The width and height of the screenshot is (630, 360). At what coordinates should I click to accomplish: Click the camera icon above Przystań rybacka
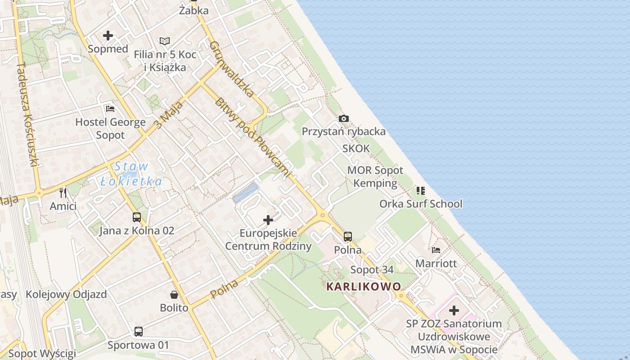click(344, 118)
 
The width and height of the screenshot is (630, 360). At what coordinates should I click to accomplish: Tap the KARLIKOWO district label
click(364, 287)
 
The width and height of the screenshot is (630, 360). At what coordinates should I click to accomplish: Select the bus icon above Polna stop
click(348, 236)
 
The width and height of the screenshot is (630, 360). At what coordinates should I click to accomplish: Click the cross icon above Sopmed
click(108, 36)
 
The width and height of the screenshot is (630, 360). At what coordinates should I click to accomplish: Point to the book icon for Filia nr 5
click(165, 41)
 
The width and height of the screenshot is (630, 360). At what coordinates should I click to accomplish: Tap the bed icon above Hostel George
click(110, 108)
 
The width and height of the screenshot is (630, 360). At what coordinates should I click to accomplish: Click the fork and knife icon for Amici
click(63, 193)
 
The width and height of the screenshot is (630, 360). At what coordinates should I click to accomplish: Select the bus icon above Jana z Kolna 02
click(137, 217)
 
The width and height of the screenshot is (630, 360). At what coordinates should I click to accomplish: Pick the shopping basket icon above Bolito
click(174, 295)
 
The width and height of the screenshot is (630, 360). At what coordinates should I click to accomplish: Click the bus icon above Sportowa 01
click(139, 332)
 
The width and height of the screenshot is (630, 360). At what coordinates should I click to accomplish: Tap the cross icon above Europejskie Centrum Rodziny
click(268, 220)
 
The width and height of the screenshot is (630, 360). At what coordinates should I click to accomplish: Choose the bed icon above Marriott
click(436, 250)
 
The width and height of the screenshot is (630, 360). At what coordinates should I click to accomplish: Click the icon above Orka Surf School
click(421, 191)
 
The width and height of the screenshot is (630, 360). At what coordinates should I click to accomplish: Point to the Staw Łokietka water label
click(130, 174)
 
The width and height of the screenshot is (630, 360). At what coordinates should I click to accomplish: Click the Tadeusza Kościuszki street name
click(27, 114)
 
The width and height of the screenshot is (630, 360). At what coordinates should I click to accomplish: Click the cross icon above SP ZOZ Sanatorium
click(454, 310)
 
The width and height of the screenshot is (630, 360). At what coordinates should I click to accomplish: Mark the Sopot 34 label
click(372, 270)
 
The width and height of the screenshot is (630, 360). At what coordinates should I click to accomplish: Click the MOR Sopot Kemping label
click(375, 177)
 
